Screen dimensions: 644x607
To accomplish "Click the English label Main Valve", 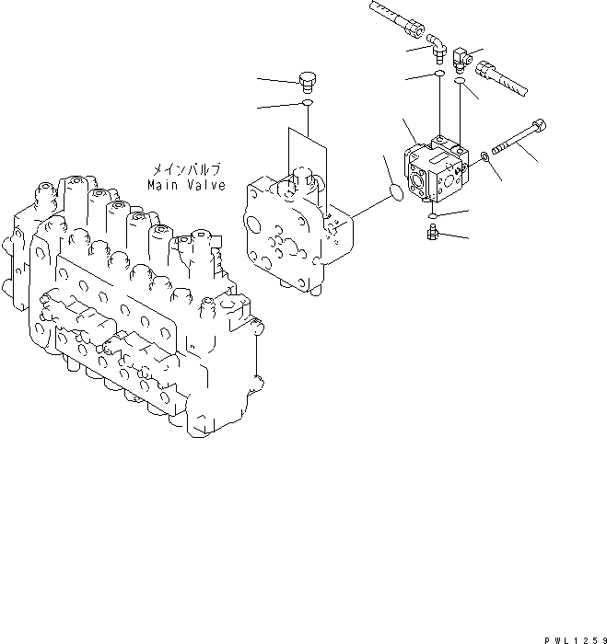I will (x=186, y=185).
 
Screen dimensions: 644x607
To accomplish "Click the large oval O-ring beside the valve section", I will (x=394, y=191).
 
